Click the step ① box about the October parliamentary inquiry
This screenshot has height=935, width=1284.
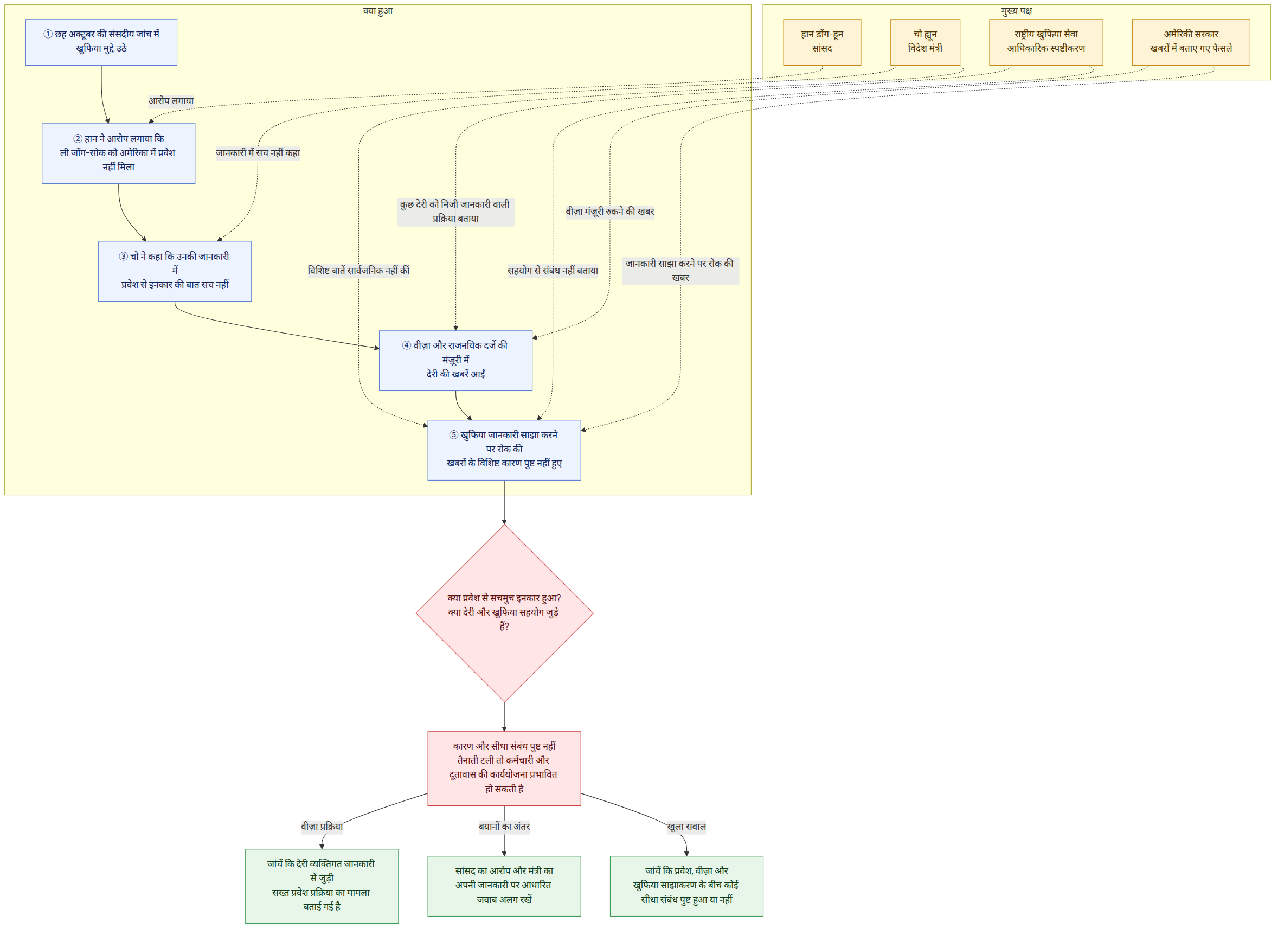tap(101, 42)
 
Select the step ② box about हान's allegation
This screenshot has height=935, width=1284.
tap(118, 153)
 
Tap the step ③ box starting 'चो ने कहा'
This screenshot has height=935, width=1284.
tap(175, 271)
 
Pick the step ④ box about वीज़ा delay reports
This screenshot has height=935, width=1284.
tap(455, 361)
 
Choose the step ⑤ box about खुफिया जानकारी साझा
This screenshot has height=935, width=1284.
tap(504, 450)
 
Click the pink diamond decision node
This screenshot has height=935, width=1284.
tap(504, 613)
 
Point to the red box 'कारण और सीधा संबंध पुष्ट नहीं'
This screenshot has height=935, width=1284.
tap(504, 769)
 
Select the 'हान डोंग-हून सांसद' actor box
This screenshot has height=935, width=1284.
tap(822, 42)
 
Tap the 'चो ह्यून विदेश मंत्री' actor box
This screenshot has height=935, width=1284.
tap(925, 42)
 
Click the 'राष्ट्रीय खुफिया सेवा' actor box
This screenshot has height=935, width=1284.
tap(1046, 42)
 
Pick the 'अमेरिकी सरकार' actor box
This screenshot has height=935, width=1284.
tap(1191, 42)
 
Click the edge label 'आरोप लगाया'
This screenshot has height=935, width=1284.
tap(171, 101)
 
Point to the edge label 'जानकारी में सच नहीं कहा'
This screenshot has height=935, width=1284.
tap(258, 153)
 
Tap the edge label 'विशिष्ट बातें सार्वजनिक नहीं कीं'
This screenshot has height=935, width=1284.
tap(358, 271)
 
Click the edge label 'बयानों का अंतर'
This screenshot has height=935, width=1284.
tap(504, 827)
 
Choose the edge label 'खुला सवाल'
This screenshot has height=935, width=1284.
tap(686, 827)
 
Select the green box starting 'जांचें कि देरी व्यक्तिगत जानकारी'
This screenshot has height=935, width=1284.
tap(322, 886)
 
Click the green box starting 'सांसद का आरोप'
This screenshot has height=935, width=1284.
tap(504, 886)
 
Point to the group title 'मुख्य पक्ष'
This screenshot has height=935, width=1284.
tap(1017, 11)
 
